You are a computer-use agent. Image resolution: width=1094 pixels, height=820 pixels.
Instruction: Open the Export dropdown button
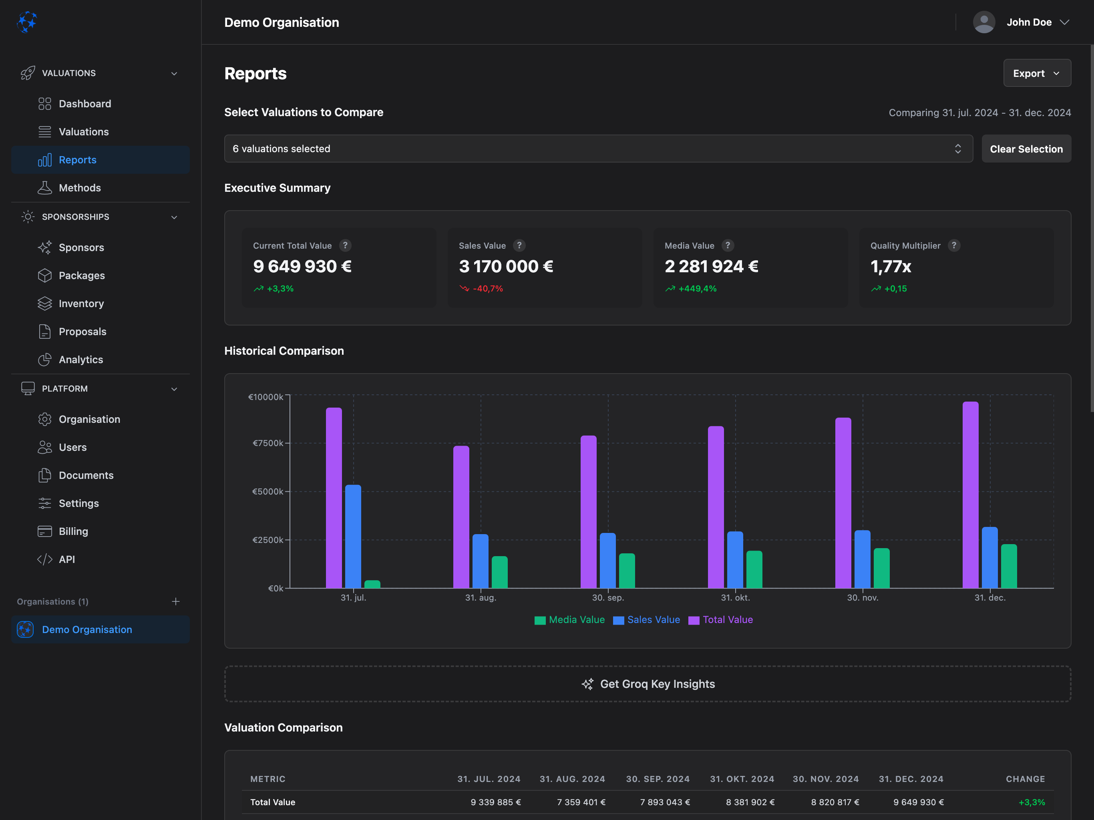(x=1037, y=73)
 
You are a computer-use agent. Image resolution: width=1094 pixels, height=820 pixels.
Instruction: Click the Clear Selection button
(x=1026, y=149)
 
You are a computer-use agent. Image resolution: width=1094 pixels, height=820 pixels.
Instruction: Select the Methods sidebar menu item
(x=80, y=188)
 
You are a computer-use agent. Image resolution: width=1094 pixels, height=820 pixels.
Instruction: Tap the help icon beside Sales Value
(x=519, y=245)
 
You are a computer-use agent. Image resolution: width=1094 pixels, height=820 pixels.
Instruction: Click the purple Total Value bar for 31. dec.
(x=970, y=494)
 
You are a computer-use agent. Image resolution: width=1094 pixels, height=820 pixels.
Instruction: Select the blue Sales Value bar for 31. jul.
(x=353, y=537)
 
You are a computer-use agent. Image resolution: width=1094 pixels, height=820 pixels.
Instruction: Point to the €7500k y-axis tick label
(x=267, y=443)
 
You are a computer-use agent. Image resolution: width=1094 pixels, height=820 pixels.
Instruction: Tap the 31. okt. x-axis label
(x=735, y=597)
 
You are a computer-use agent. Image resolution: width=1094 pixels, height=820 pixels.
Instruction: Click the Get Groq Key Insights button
(x=648, y=684)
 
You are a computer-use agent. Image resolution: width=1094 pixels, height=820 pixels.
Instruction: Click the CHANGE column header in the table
(x=1025, y=779)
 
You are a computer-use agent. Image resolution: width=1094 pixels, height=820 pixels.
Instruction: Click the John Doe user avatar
(x=984, y=22)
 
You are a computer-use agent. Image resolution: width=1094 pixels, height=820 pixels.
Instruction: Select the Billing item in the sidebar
(x=73, y=531)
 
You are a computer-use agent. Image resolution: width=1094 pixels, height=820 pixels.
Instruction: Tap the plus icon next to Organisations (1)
(x=175, y=601)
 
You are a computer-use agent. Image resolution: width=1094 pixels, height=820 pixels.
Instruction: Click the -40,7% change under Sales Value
(x=487, y=289)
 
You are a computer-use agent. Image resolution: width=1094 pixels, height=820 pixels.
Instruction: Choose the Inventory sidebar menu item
(x=81, y=303)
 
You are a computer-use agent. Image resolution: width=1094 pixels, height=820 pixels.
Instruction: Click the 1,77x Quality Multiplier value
(x=890, y=267)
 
